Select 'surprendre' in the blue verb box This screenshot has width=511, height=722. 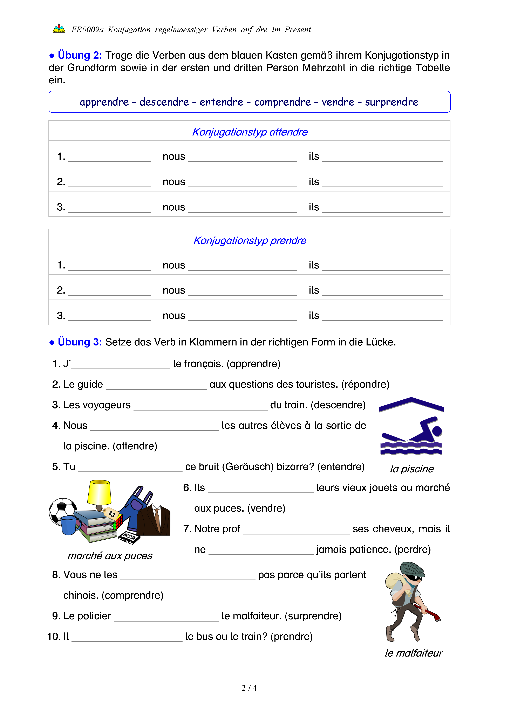coord(391,102)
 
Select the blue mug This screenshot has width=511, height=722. coord(69,525)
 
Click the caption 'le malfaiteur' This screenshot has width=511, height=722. coord(414,653)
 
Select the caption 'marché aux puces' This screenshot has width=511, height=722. coord(110,556)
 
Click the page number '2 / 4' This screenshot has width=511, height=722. coord(249,688)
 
